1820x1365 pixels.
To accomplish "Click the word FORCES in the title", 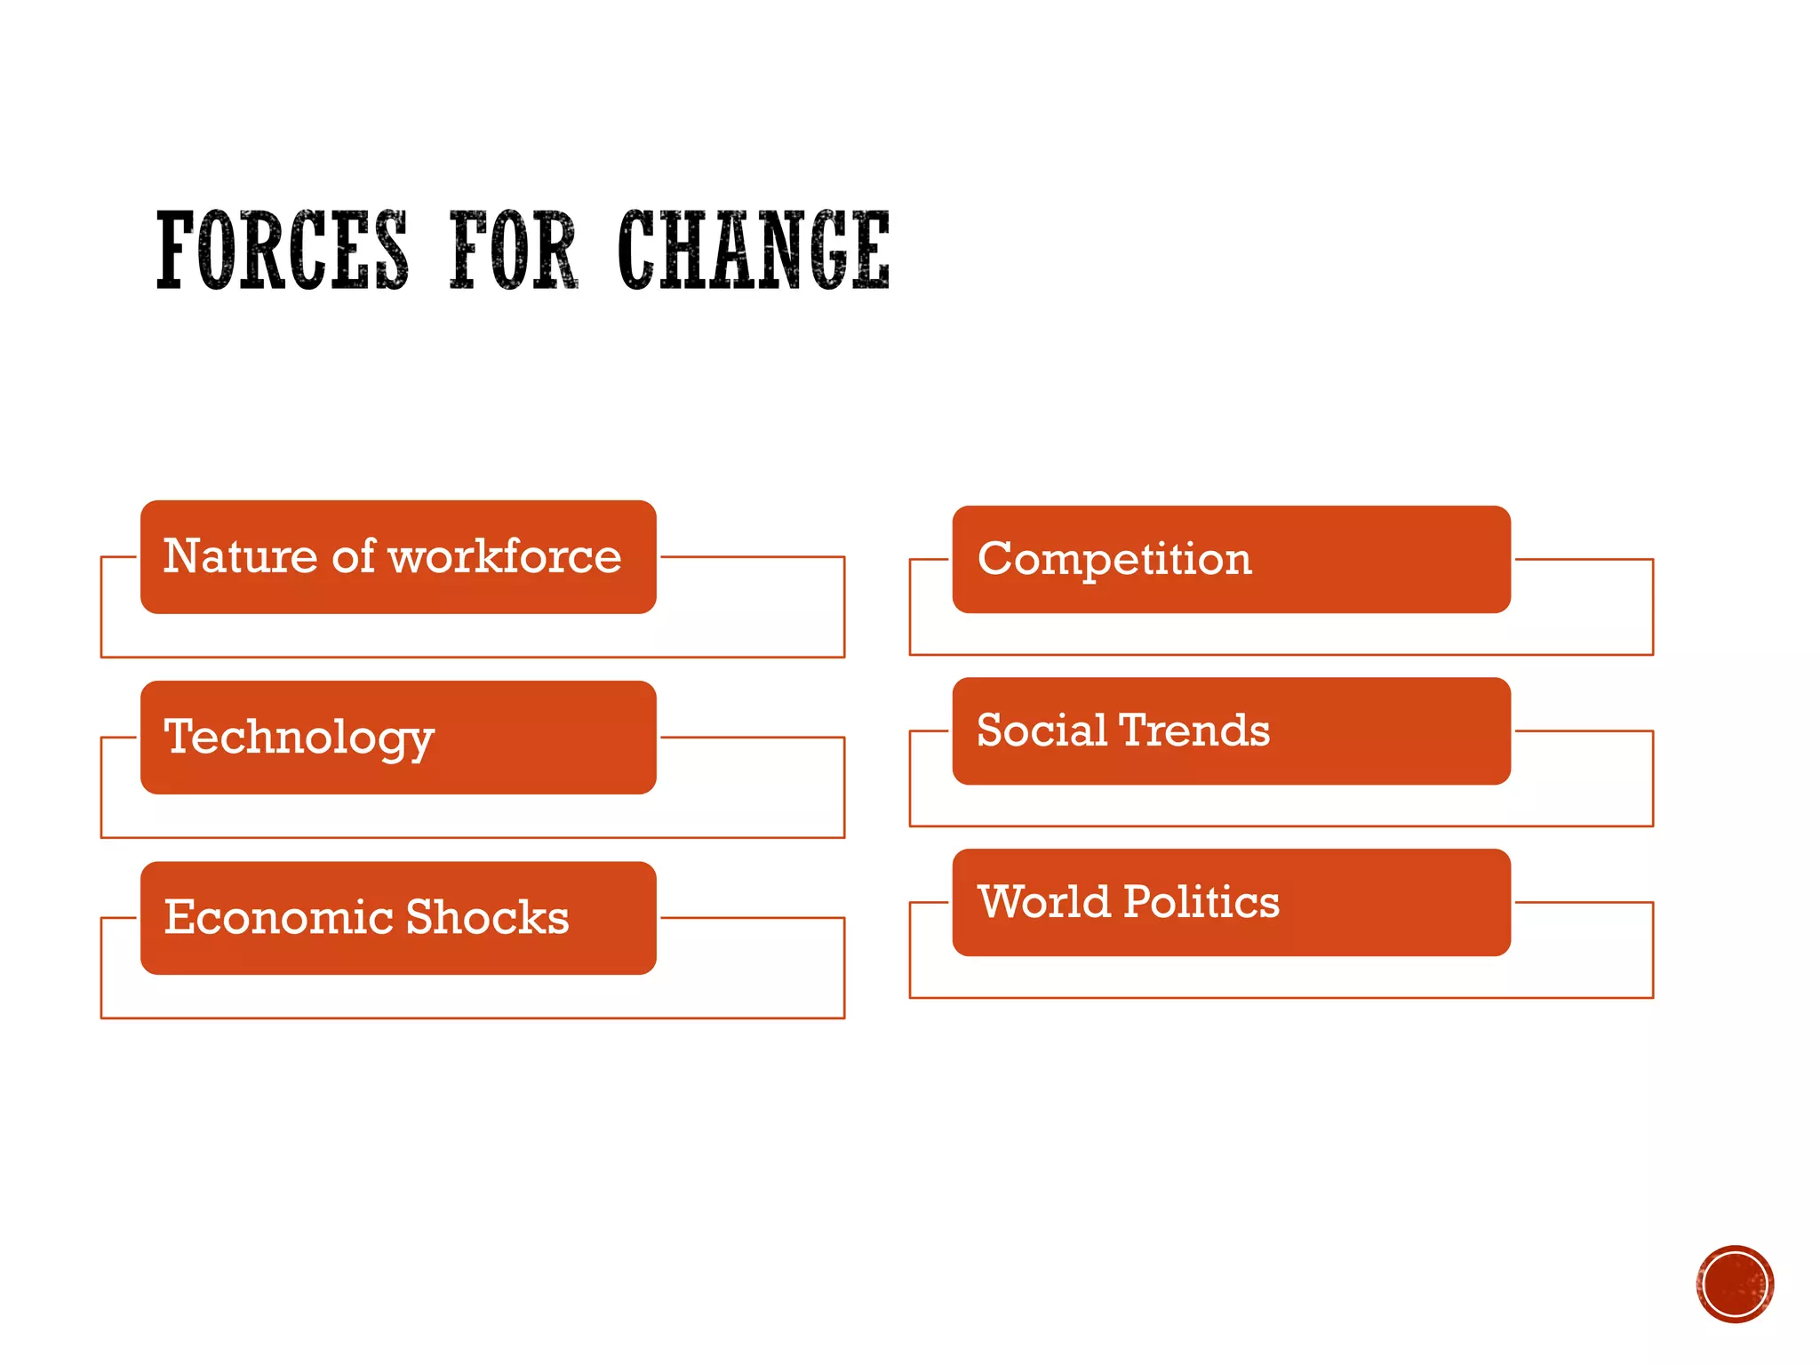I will pos(283,251).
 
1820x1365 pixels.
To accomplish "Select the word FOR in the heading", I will pos(514,251).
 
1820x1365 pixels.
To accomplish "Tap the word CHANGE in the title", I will pos(754,251).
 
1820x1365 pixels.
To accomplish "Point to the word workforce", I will pos(505,557).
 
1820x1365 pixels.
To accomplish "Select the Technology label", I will pos(299,738).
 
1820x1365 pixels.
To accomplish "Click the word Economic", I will pos(277,917).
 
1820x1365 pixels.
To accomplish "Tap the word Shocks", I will pos(487,917).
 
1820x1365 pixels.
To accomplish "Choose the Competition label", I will pos(1114,560).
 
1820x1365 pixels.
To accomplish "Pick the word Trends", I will pos(1194,730).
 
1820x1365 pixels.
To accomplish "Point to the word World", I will pos(1044,902).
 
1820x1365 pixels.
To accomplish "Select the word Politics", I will pos(1201,902).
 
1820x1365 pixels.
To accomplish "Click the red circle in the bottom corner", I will pos(1735,1284).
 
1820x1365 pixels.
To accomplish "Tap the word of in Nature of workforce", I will pos(354,557).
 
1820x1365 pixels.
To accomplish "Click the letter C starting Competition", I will pos(995,559).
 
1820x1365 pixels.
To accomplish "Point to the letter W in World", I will pos(1001,902).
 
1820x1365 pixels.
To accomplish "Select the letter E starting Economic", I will pos(180,917).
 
